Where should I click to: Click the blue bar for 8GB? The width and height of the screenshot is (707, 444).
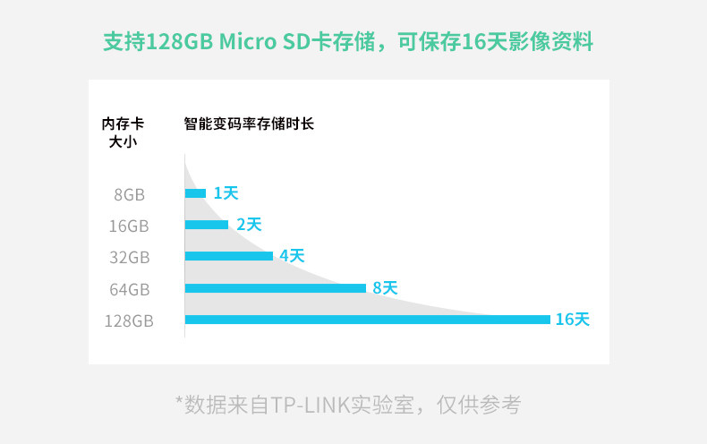click(x=195, y=193)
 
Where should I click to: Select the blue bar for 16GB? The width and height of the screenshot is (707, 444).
click(x=207, y=225)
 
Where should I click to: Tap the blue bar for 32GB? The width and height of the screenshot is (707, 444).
click(x=229, y=256)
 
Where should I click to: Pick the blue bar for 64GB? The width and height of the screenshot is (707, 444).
click(x=276, y=288)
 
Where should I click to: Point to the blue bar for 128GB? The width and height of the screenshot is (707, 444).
click(x=368, y=320)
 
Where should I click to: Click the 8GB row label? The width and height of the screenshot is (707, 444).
click(x=130, y=195)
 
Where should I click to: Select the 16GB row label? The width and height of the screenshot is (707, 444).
click(x=129, y=226)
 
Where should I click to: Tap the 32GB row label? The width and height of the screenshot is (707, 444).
click(x=130, y=258)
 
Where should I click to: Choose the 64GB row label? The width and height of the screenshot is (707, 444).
click(x=130, y=289)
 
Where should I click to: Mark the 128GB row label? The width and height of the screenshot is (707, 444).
click(x=129, y=320)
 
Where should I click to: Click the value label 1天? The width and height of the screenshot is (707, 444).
click(x=226, y=193)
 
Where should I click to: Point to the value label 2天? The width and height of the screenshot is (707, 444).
click(x=249, y=225)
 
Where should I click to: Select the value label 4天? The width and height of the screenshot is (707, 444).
click(x=292, y=256)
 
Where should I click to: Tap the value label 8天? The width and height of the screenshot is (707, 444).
click(x=385, y=288)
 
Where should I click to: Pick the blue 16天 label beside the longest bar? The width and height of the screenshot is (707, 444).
click(x=573, y=319)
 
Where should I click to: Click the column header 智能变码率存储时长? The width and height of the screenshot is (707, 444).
click(x=249, y=124)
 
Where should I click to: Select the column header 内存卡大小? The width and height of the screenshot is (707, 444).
click(x=123, y=132)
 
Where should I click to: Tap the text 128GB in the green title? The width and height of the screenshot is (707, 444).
click(x=180, y=41)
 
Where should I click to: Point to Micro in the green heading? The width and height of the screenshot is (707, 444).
click(x=248, y=41)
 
